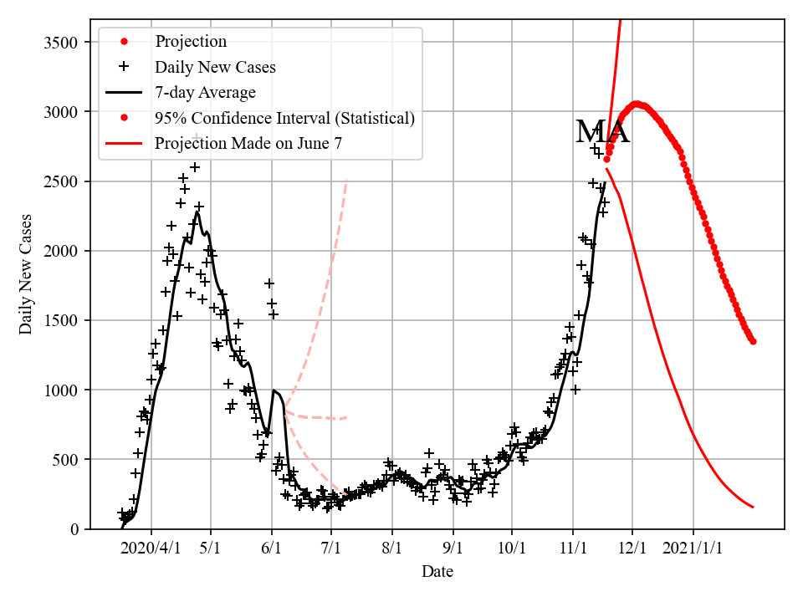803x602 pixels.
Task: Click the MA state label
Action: [x=602, y=132]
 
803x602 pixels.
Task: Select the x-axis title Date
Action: [x=437, y=572]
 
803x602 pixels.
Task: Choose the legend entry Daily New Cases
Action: [x=215, y=67]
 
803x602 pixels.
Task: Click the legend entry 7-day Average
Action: [x=205, y=93]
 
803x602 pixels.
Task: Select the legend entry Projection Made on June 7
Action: [x=248, y=144]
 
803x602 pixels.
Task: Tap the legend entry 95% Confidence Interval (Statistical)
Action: [x=284, y=118]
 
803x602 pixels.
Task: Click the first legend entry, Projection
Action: [x=191, y=41]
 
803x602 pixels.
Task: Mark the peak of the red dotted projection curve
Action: [x=637, y=105]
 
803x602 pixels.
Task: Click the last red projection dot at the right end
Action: [x=753, y=341]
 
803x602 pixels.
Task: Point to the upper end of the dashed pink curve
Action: [x=346, y=180]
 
